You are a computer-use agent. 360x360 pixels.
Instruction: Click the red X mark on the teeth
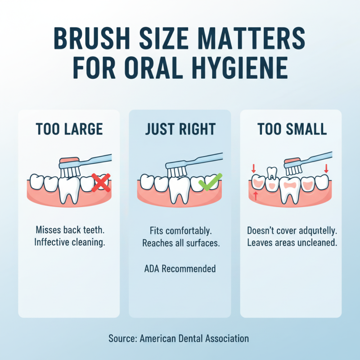pyautogui.click(x=101, y=183)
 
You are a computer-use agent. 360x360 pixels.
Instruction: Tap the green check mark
pyautogui.click(x=208, y=183)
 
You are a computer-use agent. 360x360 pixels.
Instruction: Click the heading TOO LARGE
pyautogui.click(x=69, y=129)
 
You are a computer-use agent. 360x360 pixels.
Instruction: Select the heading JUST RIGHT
pyautogui.click(x=180, y=129)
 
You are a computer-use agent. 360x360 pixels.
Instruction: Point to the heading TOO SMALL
pyautogui.click(x=292, y=129)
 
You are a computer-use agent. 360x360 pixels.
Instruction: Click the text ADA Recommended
pyautogui.click(x=180, y=269)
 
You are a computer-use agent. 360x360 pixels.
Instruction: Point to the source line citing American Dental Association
pyautogui.click(x=179, y=338)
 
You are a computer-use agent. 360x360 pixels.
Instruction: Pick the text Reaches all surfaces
pyautogui.click(x=180, y=243)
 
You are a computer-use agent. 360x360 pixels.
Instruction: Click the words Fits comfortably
pyautogui.click(x=180, y=231)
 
